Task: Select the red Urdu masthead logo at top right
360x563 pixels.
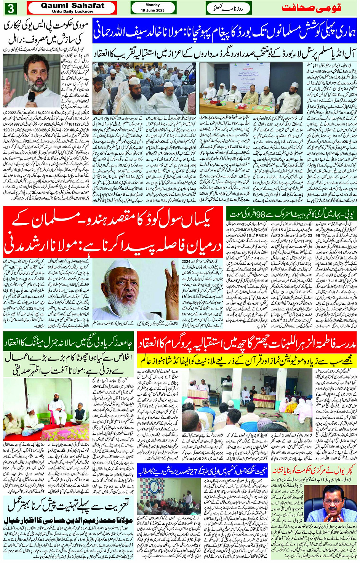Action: point(319,8)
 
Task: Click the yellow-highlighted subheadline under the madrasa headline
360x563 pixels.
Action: point(247,360)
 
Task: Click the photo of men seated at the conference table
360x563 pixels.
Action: point(251,88)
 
